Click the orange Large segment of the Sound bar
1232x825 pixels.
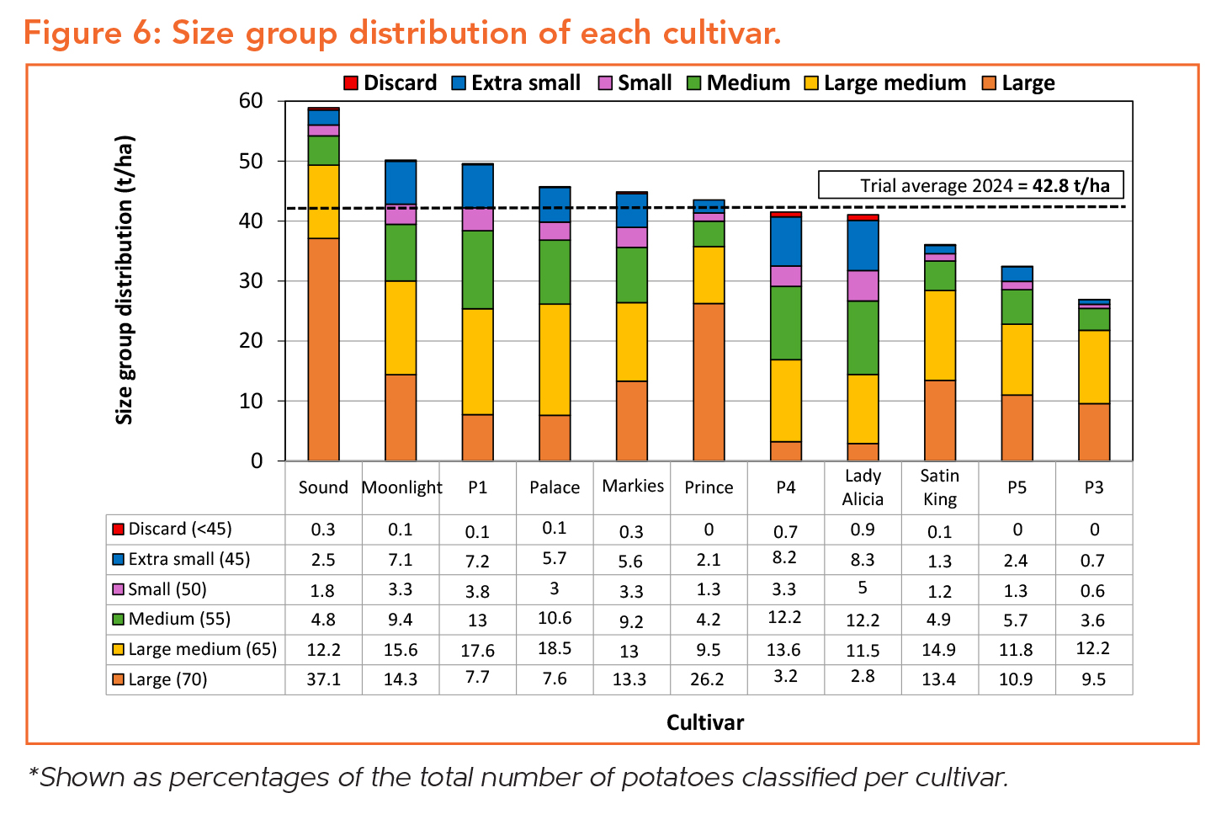(323, 349)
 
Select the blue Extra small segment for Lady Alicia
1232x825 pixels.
(863, 245)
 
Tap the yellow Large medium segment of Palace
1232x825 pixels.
(555, 359)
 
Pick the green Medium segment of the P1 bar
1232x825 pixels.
(477, 269)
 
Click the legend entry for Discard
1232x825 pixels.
(390, 83)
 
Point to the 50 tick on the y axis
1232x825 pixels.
(251, 161)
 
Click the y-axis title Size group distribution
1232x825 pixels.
(125, 279)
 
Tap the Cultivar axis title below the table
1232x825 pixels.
(704, 722)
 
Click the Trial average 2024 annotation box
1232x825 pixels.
(970, 185)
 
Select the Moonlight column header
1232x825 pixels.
(401, 487)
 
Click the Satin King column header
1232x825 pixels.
(939, 487)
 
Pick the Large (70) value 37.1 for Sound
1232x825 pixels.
(323, 679)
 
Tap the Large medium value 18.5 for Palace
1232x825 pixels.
(555, 648)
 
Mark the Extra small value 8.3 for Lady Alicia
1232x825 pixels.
(863, 558)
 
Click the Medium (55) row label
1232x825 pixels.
(179, 619)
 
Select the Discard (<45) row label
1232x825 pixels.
(179, 529)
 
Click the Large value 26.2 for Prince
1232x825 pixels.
(707, 679)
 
